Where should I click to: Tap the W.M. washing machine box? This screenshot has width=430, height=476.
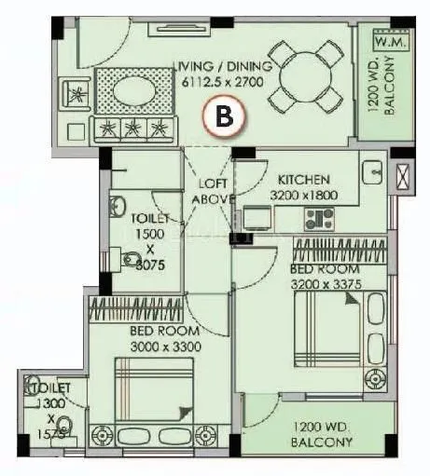coord(385,41)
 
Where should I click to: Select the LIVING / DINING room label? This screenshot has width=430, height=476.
coord(222,67)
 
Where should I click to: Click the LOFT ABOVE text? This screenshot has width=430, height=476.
coord(206,192)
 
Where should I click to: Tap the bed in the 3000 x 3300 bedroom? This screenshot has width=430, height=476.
coord(154,391)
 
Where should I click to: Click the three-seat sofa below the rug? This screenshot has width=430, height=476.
coord(136,128)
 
